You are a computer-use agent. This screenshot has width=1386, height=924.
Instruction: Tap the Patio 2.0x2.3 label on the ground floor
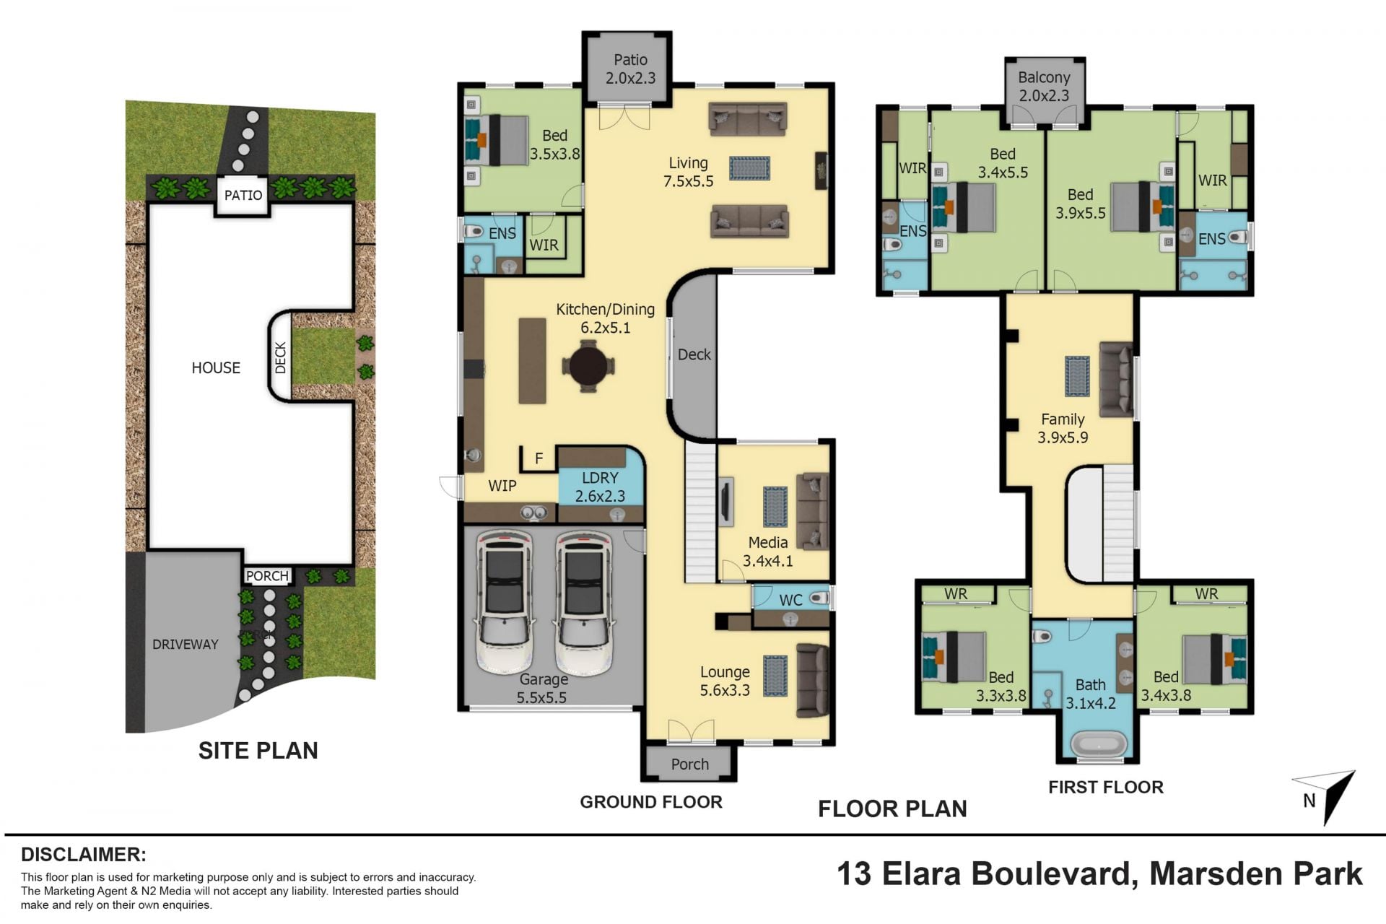pyautogui.click(x=630, y=69)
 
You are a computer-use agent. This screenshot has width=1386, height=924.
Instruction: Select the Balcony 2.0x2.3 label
pyautogui.click(x=1044, y=86)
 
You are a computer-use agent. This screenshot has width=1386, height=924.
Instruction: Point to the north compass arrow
pyautogui.click(x=1333, y=798)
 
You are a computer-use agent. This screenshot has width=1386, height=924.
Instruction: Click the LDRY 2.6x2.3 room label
pyautogui.click(x=600, y=487)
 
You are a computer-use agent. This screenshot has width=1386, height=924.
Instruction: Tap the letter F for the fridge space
pyautogui.click(x=539, y=458)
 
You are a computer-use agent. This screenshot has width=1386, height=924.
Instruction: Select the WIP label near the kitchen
pyautogui.click(x=502, y=486)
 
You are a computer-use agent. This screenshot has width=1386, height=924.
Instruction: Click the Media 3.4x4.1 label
pyautogui.click(x=767, y=552)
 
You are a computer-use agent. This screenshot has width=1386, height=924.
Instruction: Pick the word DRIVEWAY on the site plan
pyautogui.click(x=185, y=644)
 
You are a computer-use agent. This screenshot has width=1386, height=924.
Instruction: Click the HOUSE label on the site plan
pyautogui.click(x=216, y=367)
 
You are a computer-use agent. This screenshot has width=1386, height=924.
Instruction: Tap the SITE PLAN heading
pyautogui.click(x=258, y=751)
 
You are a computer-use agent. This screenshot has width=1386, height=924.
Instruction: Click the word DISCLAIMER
pyautogui.click(x=84, y=855)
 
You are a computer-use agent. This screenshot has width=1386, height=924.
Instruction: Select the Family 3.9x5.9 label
pyautogui.click(x=1063, y=428)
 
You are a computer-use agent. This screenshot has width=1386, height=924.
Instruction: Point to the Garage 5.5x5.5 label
pyautogui.click(x=542, y=688)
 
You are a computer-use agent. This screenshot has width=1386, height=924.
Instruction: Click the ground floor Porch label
pyautogui.click(x=689, y=764)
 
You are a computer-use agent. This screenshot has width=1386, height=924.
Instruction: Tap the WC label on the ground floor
pyautogui.click(x=790, y=600)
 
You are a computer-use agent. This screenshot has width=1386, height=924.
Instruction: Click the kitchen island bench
pyautogui.click(x=533, y=360)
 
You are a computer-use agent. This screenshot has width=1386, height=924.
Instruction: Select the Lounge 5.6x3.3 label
pyautogui.click(x=725, y=681)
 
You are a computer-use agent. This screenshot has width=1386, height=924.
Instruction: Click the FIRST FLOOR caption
pyautogui.click(x=1106, y=787)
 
